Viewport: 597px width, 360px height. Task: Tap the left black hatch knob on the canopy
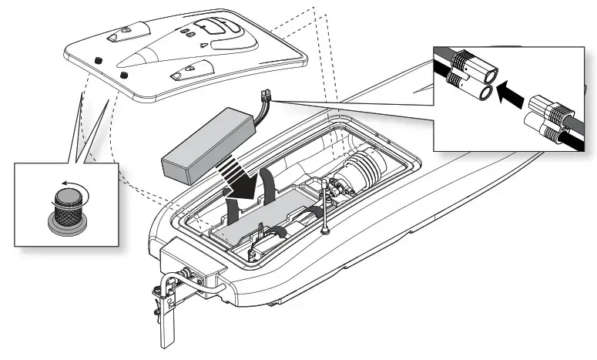coord(99,60)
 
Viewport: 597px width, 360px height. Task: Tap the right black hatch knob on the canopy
coord(123,76)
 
